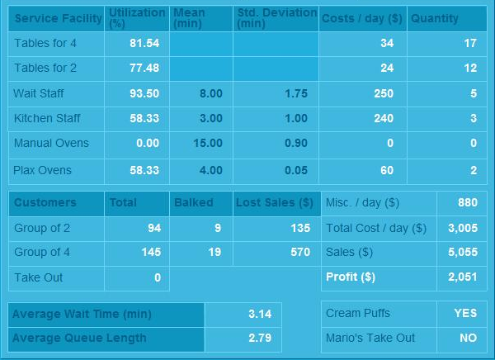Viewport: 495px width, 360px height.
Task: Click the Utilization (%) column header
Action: click(x=136, y=18)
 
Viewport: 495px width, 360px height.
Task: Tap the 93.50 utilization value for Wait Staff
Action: click(x=145, y=94)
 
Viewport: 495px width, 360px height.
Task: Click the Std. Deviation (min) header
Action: click(x=276, y=18)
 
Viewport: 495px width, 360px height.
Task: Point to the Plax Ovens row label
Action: click(x=43, y=170)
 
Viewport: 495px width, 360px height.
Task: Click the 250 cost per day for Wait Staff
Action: click(x=384, y=94)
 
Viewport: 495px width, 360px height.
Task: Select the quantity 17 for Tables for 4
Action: click(x=470, y=43)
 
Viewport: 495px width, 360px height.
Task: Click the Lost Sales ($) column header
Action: click(x=275, y=202)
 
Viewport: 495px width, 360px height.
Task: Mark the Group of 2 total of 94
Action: click(x=153, y=228)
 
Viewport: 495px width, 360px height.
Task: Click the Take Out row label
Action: click(x=38, y=277)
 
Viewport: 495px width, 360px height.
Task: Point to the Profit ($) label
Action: click(x=351, y=277)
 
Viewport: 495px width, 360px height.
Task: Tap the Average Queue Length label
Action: click(x=79, y=338)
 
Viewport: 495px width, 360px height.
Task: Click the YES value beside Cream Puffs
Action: click(x=465, y=313)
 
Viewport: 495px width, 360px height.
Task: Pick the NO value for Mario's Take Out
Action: click(x=468, y=338)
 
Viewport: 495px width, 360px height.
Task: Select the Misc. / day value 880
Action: click(x=468, y=202)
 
